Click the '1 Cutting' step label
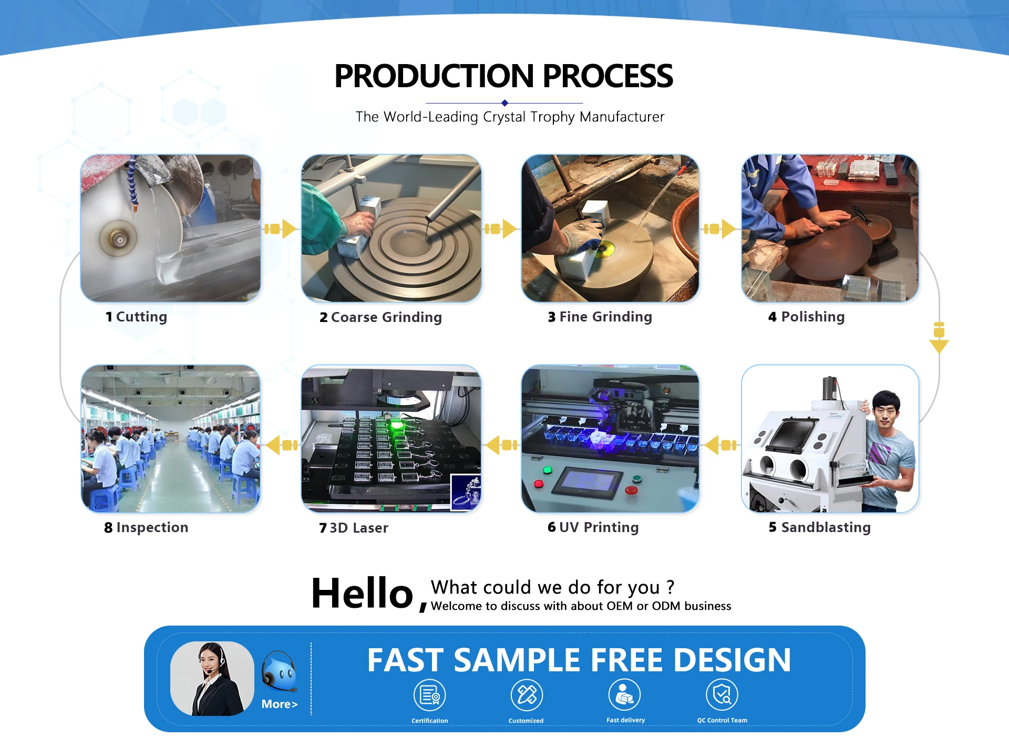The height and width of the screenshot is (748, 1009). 136,317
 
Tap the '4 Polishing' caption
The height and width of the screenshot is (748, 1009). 806,317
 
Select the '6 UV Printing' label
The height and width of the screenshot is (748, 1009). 593,527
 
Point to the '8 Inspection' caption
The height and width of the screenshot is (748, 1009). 146,527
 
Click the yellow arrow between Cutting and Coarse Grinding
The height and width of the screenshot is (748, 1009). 280,228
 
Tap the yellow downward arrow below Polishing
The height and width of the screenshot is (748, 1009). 939,337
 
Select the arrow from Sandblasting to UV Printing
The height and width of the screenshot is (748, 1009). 721,445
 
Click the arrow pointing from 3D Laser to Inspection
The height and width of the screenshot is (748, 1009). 282,445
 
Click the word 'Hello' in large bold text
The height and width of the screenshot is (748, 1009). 362,593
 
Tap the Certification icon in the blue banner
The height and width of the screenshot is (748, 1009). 430,695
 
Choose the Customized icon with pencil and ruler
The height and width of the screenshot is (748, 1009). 527,694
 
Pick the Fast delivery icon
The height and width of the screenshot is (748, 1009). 624,694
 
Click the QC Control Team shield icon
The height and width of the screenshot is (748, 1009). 722,694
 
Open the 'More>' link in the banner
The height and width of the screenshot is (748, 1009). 280,704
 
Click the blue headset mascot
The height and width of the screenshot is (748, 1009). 280,671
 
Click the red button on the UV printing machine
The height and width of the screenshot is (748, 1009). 631,490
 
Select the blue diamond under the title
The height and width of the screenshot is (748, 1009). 504,103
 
